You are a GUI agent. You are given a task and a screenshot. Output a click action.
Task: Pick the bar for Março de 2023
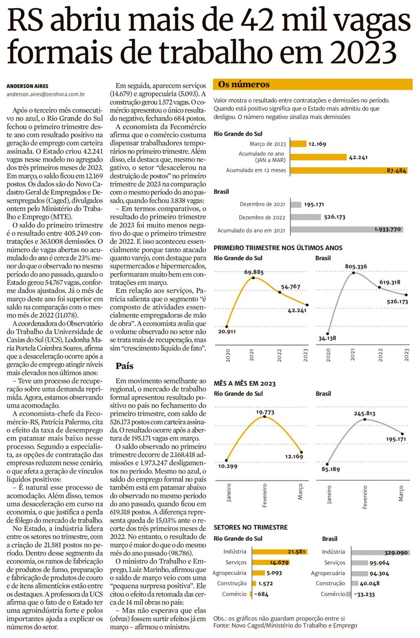click(298, 144)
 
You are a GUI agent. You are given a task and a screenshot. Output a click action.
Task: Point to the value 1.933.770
click(387, 229)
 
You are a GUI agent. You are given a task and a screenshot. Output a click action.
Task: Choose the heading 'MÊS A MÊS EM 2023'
click(244, 383)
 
